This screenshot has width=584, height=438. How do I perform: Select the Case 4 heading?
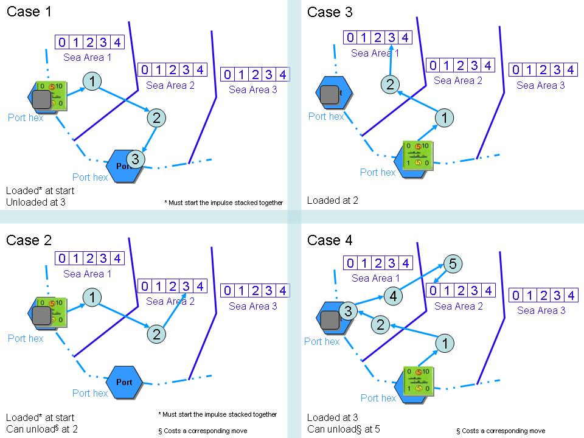[330, 240]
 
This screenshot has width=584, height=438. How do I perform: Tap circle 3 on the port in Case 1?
[136, 159]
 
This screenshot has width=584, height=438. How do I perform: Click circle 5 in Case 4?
[453, 263]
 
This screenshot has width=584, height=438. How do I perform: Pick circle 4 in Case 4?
[394, 296]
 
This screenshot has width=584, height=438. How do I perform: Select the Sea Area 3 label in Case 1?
[253, 90]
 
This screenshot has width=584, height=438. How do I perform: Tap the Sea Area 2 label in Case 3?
[458, 80]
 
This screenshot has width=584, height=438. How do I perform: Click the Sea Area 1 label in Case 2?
[88, 274]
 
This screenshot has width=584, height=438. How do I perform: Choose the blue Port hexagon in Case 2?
[123, 382]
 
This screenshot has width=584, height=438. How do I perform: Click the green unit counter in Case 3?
[418, 155]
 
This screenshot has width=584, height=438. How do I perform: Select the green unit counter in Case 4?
[419, 380]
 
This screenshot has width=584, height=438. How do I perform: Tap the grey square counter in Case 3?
[329, 94]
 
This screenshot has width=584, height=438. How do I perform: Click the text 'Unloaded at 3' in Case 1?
[36, 202]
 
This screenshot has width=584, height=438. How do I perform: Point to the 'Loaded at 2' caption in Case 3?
[333, 200]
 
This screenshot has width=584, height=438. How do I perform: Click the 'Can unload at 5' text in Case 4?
[344, 429]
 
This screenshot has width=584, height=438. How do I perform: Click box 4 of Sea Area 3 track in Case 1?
[282, 75]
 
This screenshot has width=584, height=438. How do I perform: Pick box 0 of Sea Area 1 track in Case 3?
[350, 38]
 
